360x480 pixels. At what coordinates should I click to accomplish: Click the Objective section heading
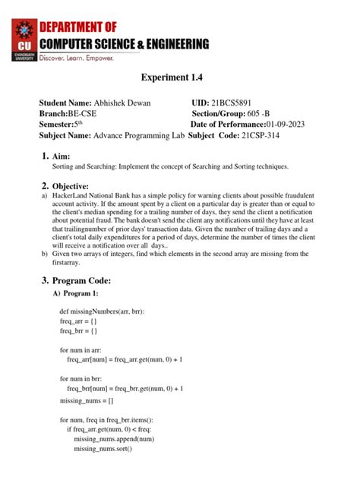pyautogui.click(x=71, y=186)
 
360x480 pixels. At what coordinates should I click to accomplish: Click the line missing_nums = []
pyautogui.click(x=87, y=399)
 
